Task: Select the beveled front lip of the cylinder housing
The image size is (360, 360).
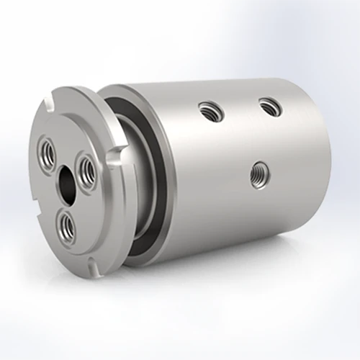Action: click(115, 94)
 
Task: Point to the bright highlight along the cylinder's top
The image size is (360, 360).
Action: click(230, 85)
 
